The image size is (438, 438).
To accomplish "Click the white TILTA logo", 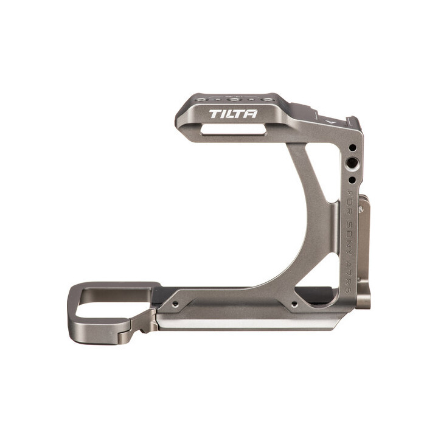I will tap(232, 114).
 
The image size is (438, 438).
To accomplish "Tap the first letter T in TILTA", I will tap(214, 114).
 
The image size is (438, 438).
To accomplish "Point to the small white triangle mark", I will tap(330, 121).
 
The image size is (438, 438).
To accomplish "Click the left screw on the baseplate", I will tap(176, 302).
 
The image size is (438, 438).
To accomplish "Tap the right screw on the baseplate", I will tap(294, 302).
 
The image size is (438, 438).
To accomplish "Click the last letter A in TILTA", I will tap(251, 114).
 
